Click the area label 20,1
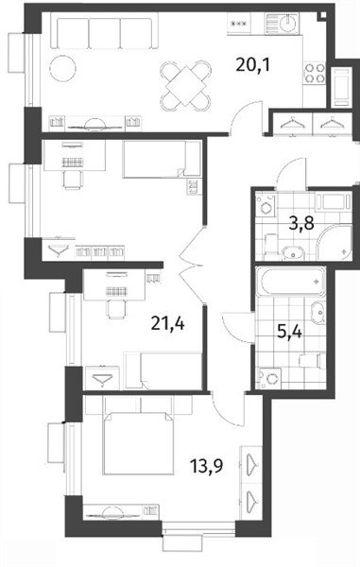(253, 65)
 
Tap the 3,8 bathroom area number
(301, 223)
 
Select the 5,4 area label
(289, 332)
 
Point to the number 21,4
(167, 323)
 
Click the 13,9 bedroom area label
(207, 466)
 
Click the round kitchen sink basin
(288, 23)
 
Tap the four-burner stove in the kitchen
(314, 73)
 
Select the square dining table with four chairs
(186, 86)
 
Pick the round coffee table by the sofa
(63, 68)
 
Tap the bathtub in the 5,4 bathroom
(291, 282)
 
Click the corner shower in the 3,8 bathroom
(334, 242)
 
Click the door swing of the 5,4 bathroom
(237, 326)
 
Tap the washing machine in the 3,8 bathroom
(266, 206)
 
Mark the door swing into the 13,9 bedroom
(228, 408)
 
